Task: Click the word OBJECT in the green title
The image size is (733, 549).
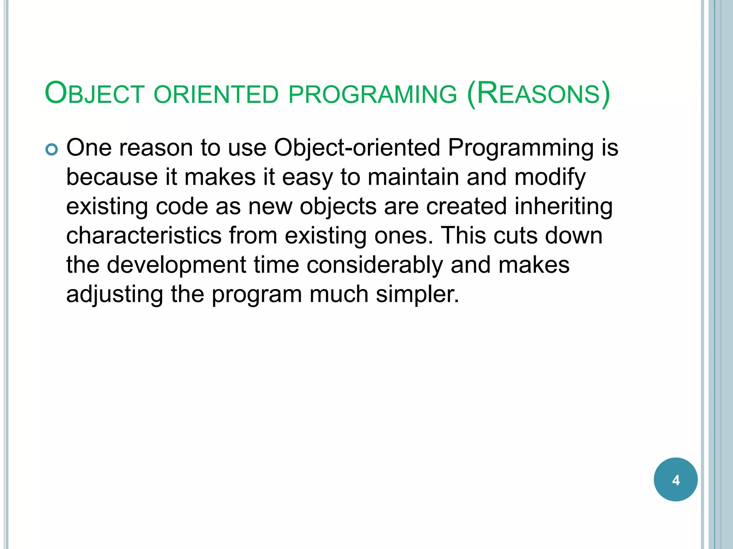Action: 94,94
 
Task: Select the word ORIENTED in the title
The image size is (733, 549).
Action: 216,95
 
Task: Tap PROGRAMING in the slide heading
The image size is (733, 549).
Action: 373,95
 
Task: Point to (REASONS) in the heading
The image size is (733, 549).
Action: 539,94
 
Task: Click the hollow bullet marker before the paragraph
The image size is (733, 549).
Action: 52,149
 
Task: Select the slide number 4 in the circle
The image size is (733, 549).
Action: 675,480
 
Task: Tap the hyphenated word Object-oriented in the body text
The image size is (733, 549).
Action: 357,148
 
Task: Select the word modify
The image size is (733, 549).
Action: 550,178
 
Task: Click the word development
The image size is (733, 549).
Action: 176,266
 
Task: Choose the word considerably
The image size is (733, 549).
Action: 374,266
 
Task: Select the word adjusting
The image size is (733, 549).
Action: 115,295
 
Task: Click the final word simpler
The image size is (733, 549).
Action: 417,295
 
